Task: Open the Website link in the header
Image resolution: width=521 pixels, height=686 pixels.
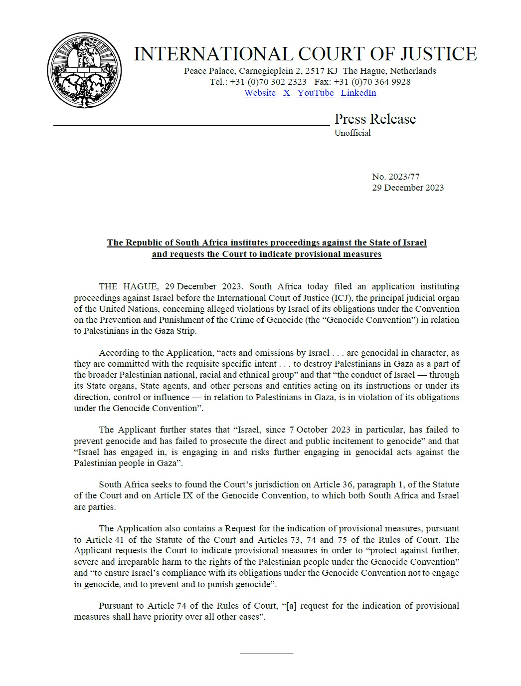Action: click(x=260, y=93)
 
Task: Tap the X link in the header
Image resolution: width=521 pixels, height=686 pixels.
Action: click(x=287, y=93)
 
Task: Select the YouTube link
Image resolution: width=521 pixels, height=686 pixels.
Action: click(x=316, y=93)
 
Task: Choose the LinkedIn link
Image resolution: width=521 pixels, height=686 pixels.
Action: click(x=358, y=93)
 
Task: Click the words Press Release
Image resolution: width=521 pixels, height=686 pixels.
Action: click(x=375, y=119)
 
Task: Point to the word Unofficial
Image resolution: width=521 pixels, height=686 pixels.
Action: click(x=352, y=133)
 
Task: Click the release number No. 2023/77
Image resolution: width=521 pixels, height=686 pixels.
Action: click(x=395, y=177)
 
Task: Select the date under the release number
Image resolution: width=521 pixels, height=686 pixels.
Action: click(x=408, y=188)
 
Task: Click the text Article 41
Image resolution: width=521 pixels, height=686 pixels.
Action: click(x=105, y=540)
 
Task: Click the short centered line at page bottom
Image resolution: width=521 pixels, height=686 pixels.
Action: click(x=266, y=653)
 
